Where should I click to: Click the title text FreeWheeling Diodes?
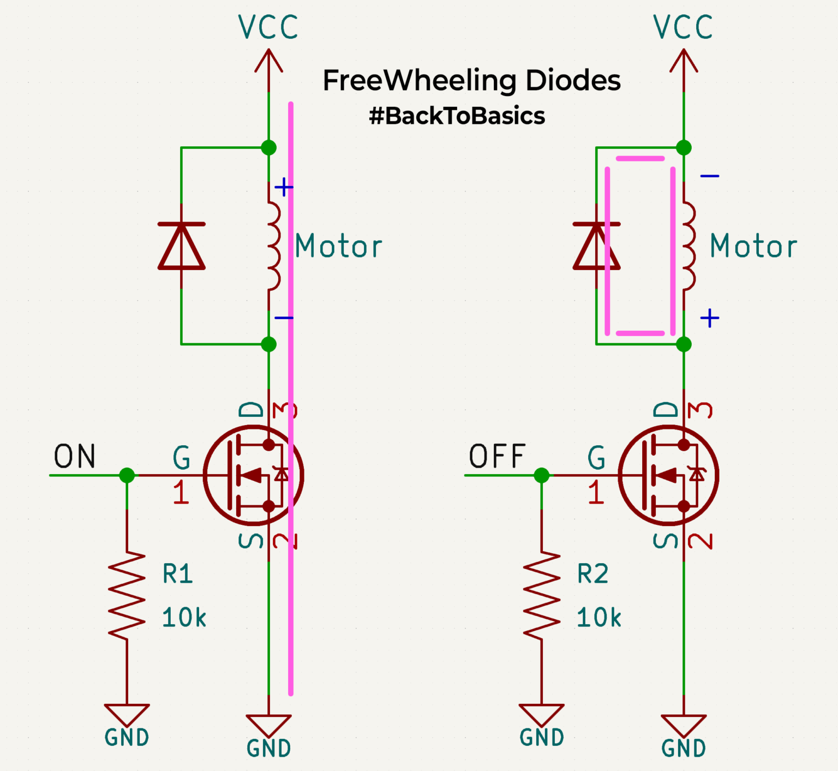tap(471, 81)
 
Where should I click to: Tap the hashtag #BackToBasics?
tap(457, 116)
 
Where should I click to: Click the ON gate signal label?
tap(75, 456)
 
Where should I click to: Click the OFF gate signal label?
tap(497, 456)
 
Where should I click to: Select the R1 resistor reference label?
tap(178, 574)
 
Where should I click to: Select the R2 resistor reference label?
tap(592, 574)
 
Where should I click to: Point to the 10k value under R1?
tap(184, 618)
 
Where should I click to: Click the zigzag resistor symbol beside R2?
tap(542, 596)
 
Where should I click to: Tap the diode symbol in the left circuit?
tap(181, 246)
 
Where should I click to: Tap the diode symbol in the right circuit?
tap(596, 246)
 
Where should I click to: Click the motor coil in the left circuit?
tap(273, 246)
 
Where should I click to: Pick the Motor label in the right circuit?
tap(753, 246)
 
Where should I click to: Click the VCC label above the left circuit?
tap(268, 27)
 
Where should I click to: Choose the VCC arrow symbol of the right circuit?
tap(684, 61)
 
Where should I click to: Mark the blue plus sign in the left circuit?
tap(284, 187)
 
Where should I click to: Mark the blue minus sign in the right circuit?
tap(709, 176)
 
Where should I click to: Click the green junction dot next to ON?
tap(127, 475)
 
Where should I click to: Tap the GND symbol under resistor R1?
tap(127, 715)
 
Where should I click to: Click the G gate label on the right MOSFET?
tap(596, 457)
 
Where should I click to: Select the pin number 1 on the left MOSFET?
tap(181, 492)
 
